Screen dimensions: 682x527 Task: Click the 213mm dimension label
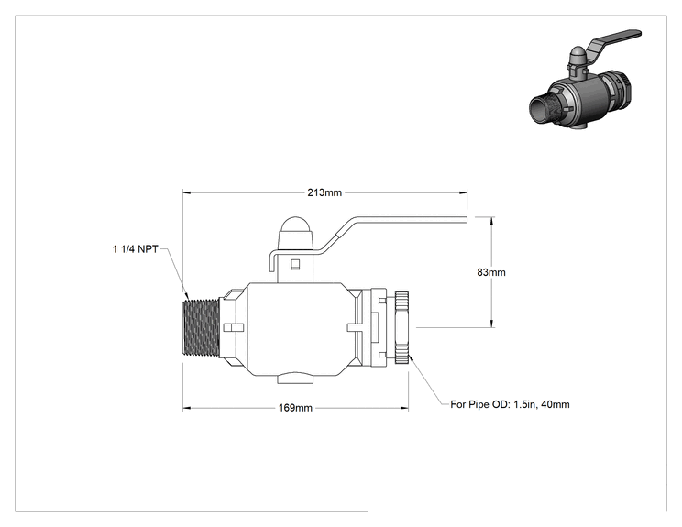324,192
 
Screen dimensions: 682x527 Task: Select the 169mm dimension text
295,408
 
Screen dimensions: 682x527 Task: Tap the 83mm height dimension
491,272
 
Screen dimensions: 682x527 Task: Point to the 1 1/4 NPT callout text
136,249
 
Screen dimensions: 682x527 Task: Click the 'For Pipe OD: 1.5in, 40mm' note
510,404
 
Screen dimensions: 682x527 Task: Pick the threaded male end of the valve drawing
201,328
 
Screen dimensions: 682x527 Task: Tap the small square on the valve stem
295,264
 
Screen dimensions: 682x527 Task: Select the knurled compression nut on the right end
401,328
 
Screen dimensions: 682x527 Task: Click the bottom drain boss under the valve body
295,378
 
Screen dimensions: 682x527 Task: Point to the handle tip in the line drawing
466,219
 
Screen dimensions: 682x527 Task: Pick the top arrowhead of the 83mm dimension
492,221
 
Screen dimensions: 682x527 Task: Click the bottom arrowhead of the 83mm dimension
492,323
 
